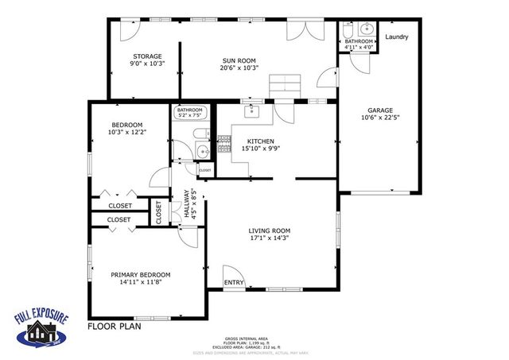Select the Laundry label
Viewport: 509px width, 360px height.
[397, 37]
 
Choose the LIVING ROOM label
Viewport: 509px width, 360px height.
[269, 230]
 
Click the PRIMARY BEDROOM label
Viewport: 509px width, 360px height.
[140, 275]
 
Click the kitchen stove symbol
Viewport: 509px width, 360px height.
[224, 144]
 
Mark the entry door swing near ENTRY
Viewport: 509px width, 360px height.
[233, 273]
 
